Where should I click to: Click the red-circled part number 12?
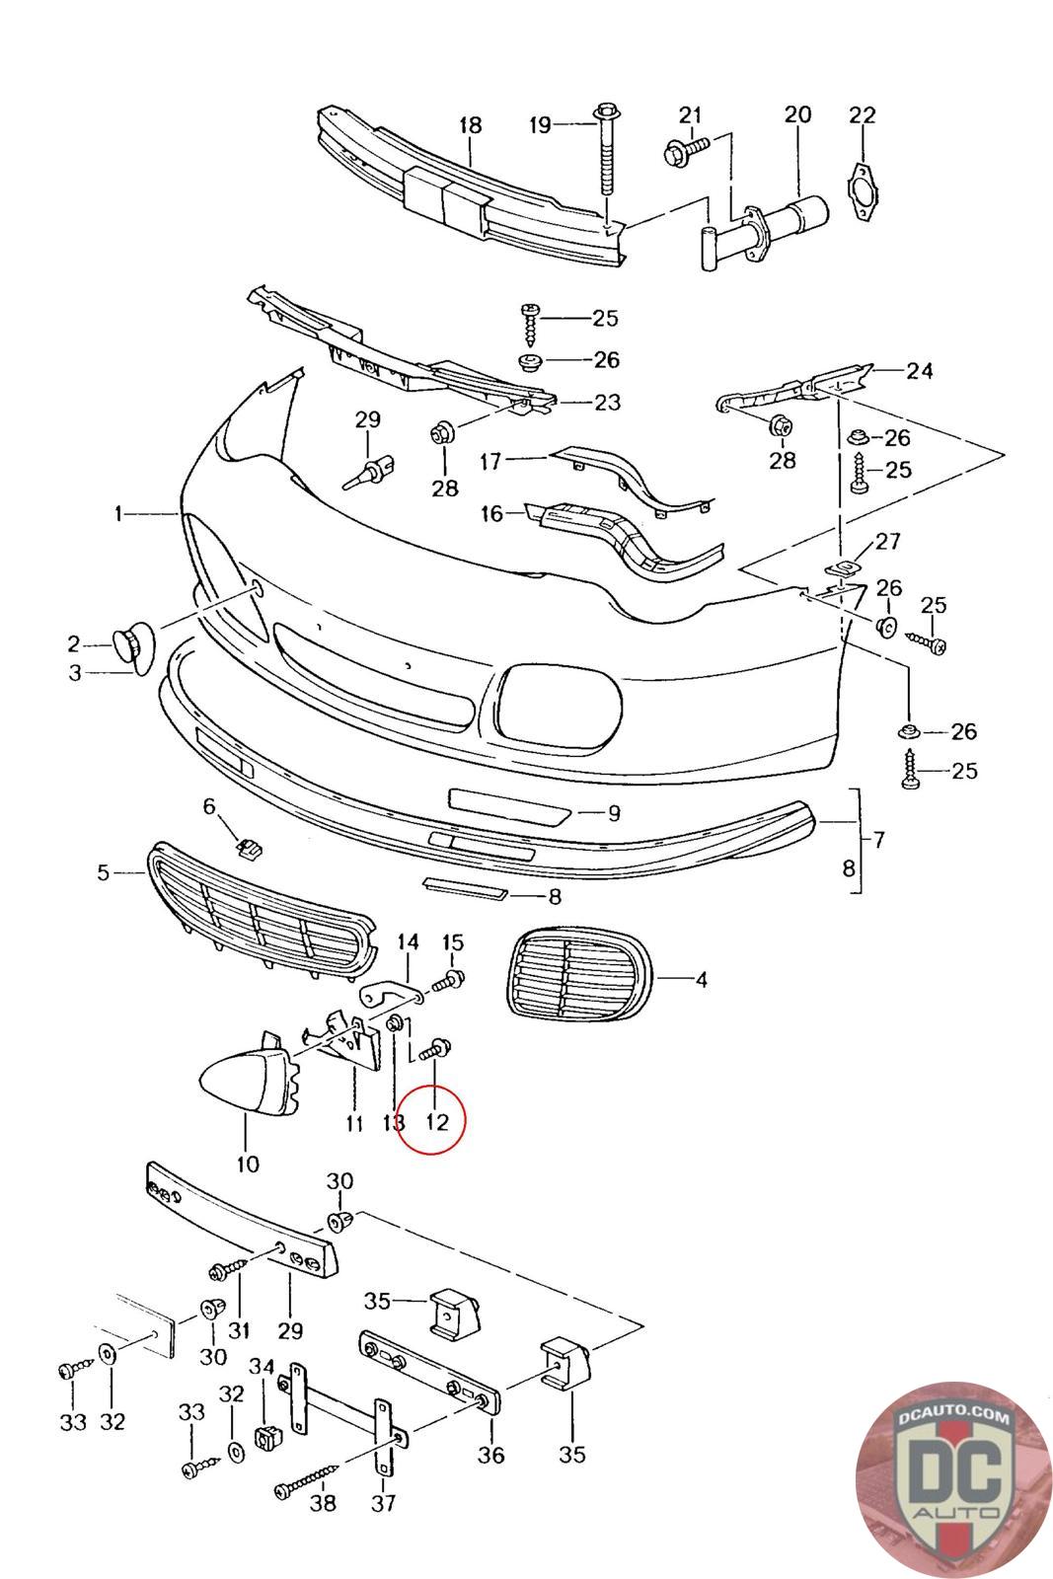(437, 1121)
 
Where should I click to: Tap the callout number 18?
(470, 125)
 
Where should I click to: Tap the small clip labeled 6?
(249, 847)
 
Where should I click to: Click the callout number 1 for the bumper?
(118, 513)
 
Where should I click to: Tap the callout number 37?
(383, 1503)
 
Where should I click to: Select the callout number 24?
(920, 371)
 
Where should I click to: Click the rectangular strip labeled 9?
(508, 805)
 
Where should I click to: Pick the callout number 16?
(491, 513)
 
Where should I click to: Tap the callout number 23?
(607, 402)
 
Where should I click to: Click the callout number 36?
(490, 1455)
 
